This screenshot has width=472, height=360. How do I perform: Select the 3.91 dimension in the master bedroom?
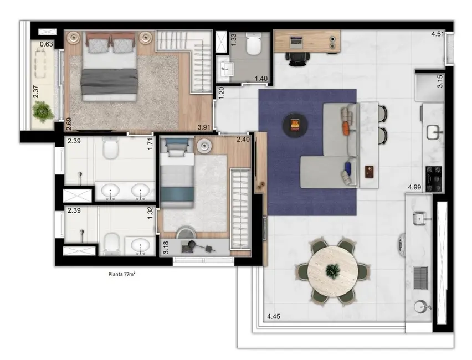tap(205, 127)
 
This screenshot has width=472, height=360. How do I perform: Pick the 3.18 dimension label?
tap(166, 247)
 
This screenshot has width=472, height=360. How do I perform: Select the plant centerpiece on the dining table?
tap(332, 271)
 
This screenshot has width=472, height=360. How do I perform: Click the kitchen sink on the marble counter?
tap(433, 131)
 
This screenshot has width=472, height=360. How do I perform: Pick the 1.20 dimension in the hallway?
tap(220, 92)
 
